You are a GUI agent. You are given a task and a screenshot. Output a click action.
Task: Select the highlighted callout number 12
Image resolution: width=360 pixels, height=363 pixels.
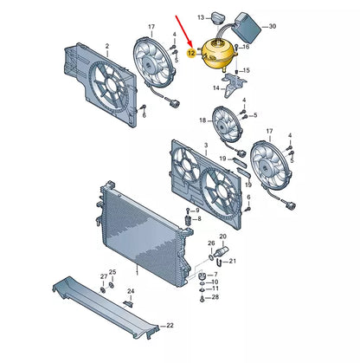coord(191,53)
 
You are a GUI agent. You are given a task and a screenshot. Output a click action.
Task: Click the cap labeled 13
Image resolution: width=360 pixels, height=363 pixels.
coord(217,18)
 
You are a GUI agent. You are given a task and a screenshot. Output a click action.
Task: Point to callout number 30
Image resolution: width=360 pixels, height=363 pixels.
coord(272,26)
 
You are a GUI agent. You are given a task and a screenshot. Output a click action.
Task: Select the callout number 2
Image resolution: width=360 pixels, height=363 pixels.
coord(107,46)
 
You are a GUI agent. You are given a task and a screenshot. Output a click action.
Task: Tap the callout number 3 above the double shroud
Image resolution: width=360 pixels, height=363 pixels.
coord(206,145)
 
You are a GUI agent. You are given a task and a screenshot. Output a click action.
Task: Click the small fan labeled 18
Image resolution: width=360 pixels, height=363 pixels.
coord(226,124)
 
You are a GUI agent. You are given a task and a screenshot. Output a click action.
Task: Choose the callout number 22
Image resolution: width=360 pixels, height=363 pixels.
coord(170,326)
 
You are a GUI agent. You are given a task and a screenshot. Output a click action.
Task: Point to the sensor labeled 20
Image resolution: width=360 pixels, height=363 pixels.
coord(223,250)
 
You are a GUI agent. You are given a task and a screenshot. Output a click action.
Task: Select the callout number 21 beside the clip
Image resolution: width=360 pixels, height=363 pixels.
coord(232,261)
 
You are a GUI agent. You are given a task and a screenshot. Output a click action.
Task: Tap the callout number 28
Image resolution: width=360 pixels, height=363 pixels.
coord(215,297)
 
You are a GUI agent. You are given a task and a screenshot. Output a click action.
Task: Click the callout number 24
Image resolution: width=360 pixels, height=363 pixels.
coord(131,291)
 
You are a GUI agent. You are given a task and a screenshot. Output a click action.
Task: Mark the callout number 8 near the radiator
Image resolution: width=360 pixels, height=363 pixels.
coord(199,219)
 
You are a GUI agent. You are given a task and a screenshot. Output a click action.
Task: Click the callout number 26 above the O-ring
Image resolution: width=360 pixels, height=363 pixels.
coord(211,243)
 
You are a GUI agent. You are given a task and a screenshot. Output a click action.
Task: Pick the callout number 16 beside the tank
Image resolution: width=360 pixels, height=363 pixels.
coord(246,47)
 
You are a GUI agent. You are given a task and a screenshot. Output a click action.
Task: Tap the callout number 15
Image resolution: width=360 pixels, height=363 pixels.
coord(246,70)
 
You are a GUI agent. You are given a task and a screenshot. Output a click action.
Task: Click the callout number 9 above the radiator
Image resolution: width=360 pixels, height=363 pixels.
coord(197,211)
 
